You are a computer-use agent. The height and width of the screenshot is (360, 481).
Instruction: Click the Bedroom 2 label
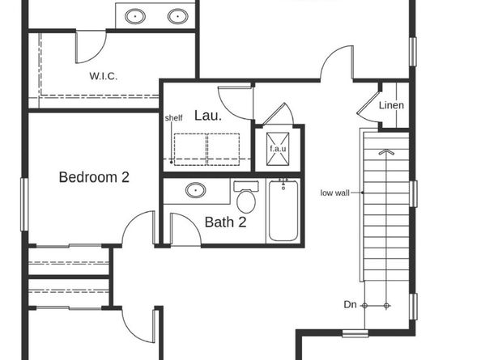click(x=94, y=177)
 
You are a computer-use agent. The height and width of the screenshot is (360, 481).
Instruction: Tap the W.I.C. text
click(x=104, y=77)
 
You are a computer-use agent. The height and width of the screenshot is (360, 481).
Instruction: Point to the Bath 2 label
click(x=224, y=222)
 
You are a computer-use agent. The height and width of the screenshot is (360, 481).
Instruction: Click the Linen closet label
click(x=392, y=106)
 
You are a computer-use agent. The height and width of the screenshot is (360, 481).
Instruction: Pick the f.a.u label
click(x=279, y=148)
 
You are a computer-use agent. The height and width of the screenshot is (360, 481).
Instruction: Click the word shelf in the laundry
click(x=173, y=118)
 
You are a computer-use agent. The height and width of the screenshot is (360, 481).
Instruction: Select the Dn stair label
click(x=350, y=305)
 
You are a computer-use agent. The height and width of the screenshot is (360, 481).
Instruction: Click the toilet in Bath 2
click(x=246, y=197)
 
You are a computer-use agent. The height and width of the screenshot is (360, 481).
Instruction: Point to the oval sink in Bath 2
click(x=195, y=191)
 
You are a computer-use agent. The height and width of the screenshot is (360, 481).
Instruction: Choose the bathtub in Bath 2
click(x=283, y=210)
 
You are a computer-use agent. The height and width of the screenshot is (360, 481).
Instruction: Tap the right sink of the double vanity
click(x=176, y=15)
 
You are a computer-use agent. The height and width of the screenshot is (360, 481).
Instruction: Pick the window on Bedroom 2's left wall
click(x=23, y=204)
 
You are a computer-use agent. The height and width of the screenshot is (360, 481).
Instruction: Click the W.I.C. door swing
click(x=90, y=47)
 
